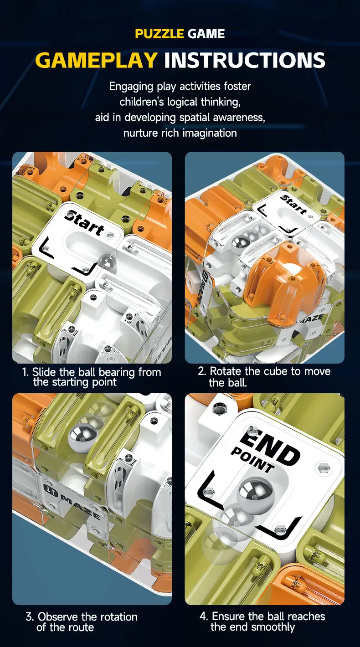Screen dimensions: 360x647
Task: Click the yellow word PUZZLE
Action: tap(159, 34)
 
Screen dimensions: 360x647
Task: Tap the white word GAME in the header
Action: tap(206, 34)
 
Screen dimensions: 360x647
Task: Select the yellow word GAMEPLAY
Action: tap(97, 60)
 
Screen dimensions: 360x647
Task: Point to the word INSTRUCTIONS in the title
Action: tap(245, 60)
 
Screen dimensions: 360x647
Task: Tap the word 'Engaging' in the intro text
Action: tap(131, 87)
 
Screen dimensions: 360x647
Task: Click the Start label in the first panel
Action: tap(84, 223)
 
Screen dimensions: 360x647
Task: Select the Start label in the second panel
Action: tap(293, 205)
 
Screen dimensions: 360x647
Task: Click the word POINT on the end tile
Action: tap(252, 460)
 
